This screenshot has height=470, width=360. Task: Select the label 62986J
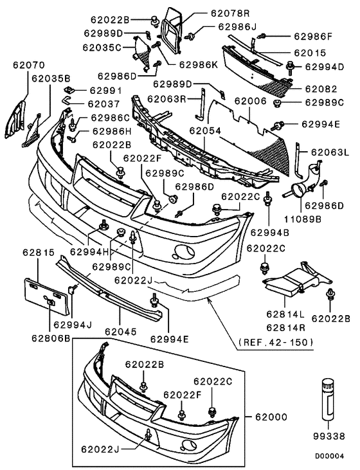tap(237, 27)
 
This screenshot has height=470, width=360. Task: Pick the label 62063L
tap(329, 152)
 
